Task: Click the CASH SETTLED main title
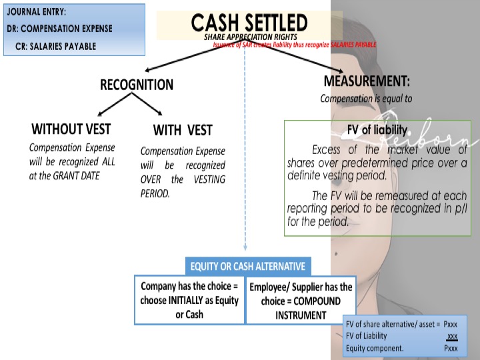[x=249, y=23]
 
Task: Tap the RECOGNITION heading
[x=137, y=85]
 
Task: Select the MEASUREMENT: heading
[x=367, y=81]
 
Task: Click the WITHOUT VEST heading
[x=71, y=129]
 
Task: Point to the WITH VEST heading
[x=183, y=130]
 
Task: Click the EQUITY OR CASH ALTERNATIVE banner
[x=247, y=267]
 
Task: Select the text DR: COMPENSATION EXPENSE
[x=59, y=29]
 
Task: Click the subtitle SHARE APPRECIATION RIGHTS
[x=249, y=37]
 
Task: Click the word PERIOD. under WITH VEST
[x=155, y=193]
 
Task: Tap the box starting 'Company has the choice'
[x=189, y=300]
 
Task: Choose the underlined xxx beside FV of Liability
[x=452, y=336]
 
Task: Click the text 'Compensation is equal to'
[x=366, y=99]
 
